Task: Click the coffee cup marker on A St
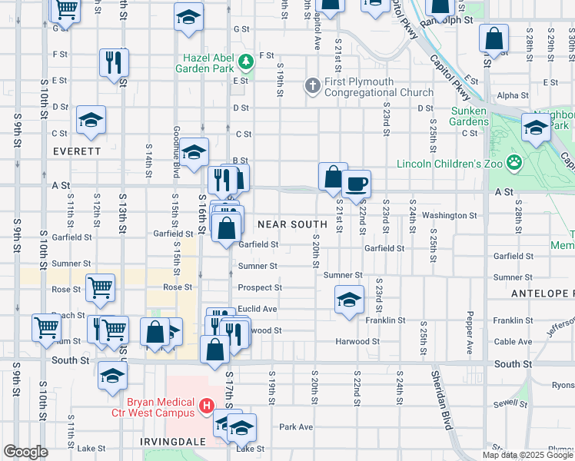coord(356,184)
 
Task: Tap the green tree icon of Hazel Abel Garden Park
coord(246,61)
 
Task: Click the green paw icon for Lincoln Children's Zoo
coord(514,163)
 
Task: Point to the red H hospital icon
coord(206,406)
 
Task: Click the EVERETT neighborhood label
coord(77,151)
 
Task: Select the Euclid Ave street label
coord(258,308)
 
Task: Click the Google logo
coord(25,452)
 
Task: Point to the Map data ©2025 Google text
coord(528,455)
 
